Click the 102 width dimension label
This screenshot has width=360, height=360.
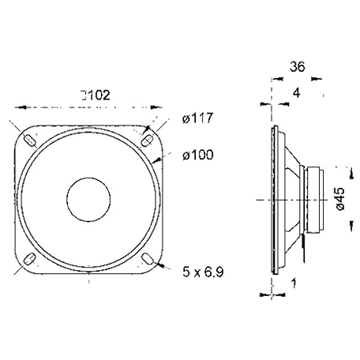point(99,96)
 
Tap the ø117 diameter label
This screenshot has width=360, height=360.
point(197,118)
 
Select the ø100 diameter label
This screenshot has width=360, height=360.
point(198,155)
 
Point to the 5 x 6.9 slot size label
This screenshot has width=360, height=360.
point(203,272)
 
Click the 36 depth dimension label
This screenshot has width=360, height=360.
point(298,67)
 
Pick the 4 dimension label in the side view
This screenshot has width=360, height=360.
point(297,93)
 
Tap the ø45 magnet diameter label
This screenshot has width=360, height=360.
point(340,199)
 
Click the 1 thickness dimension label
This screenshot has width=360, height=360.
point(294,283)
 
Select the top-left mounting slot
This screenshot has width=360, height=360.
point(30,141)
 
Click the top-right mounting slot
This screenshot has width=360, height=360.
point(148,140)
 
